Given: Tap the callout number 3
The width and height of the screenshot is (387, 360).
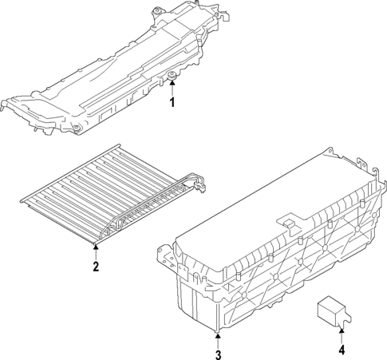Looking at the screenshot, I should pyautogui.click(x=217, y=352).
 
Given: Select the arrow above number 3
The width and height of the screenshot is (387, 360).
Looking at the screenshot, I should pyautogui.click(x=217, y=335).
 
